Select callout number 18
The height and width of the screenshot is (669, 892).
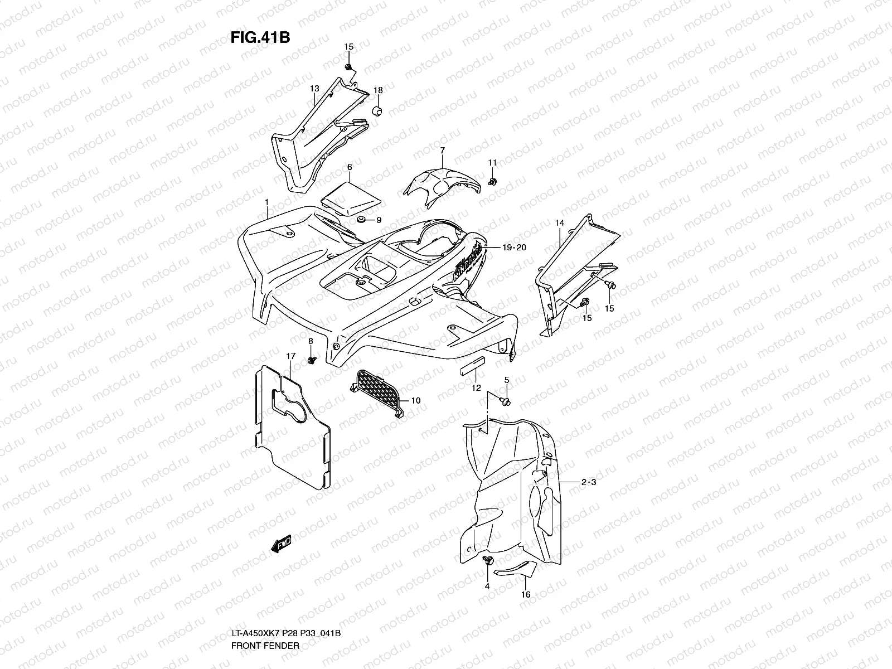coord(378,90)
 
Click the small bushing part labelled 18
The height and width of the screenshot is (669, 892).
coord(378,109)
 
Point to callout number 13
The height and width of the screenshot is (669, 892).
coord(314,88)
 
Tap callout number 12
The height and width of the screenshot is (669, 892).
coord(476,387)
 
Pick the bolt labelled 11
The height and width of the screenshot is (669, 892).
coord(493,181)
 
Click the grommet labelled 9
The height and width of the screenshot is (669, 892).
coord(360,219)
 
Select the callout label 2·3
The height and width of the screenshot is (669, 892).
coord(589,483)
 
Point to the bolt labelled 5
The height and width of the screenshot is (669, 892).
coord(505,400)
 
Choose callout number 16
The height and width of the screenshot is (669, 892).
coord(526,595)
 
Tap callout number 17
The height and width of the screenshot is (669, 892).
coord(290,356)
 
